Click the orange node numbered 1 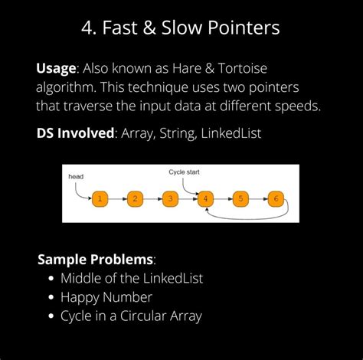100,198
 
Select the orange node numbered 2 135,198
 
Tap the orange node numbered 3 170,198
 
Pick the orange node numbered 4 205,198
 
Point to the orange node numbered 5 240,198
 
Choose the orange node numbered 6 276,198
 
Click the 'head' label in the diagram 76,176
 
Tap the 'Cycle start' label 184,172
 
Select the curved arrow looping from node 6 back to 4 247,219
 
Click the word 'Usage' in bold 56,69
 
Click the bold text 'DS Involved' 75,133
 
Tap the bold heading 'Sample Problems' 95,260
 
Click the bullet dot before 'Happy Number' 51,297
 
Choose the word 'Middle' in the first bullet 81,278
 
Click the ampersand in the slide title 149,28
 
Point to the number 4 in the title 87,28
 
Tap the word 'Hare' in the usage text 187,68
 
